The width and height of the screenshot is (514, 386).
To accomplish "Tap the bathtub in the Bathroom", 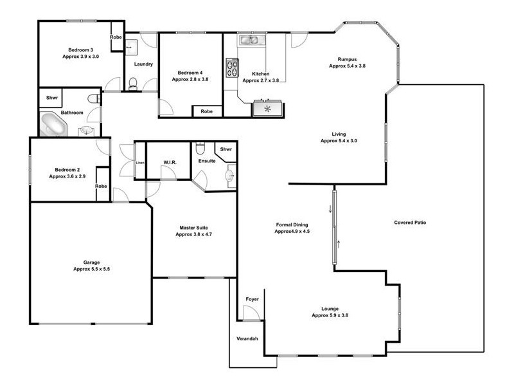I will [x=53, y=124].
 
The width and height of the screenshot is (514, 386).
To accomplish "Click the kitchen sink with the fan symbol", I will [x=267, y=108].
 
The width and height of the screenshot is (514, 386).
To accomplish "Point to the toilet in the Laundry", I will [x=134, y=82].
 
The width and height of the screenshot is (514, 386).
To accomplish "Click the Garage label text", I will [x=92, y=262].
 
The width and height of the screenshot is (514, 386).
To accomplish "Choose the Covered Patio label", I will [x=410, y=223].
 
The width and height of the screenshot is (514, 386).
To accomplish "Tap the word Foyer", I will [x=252, y=300].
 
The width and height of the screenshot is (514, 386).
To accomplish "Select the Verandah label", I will [x=247, y=338].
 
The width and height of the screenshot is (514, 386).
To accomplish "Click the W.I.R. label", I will [x=170, y=162].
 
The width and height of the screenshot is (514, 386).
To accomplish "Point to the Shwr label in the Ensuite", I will [x=226, y=149].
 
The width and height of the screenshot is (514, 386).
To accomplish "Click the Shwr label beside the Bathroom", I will [x=51, y=98].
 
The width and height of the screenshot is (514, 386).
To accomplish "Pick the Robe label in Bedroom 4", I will [x=206, y=111].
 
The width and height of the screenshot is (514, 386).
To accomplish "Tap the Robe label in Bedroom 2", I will [x=101, y=186].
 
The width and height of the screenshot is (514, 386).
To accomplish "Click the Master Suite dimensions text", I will [x=193, y=235].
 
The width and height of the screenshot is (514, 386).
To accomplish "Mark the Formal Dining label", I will [x=292, y=225].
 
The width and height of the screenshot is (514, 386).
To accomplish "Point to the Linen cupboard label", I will [x=140, y=162].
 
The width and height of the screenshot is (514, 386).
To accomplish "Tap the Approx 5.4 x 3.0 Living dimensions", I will [x=339, y=140].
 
